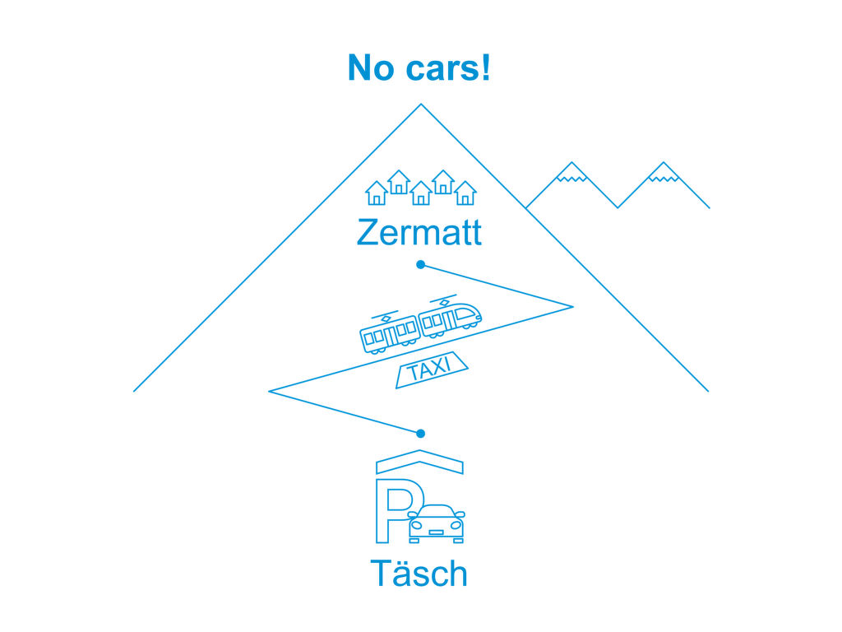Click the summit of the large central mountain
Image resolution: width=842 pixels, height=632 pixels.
tap(421, 105)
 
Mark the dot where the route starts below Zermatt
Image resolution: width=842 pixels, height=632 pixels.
tap(421, 264)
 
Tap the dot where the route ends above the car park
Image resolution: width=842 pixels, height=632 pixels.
tap(421, 433)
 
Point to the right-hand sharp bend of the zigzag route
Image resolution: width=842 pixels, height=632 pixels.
tap(572, 307)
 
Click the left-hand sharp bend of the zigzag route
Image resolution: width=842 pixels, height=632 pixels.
tap(269, 391)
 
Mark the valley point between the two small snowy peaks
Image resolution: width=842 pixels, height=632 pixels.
tap(618, 207)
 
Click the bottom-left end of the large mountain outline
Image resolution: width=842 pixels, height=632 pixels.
tap(134, 391)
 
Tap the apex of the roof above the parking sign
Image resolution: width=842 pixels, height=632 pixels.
tap(419, 450)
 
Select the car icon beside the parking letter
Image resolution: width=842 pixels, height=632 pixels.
tap(436, 524)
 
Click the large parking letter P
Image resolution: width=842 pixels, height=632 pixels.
tap(395, 510)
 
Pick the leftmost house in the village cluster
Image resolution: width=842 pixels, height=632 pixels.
tap(377, 193)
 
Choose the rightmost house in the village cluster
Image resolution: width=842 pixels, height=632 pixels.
tap(465, 193)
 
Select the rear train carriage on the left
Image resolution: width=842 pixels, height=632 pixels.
tap(389, 332)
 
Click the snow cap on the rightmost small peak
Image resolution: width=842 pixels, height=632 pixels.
tap(664, 172)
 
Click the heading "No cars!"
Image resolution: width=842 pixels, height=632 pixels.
tap(419, 67)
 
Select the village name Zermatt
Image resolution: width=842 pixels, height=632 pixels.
tap(419, 232)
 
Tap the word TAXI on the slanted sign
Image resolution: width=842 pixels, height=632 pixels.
tap(429, 369)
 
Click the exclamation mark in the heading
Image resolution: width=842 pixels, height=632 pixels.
tap(485, 67)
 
